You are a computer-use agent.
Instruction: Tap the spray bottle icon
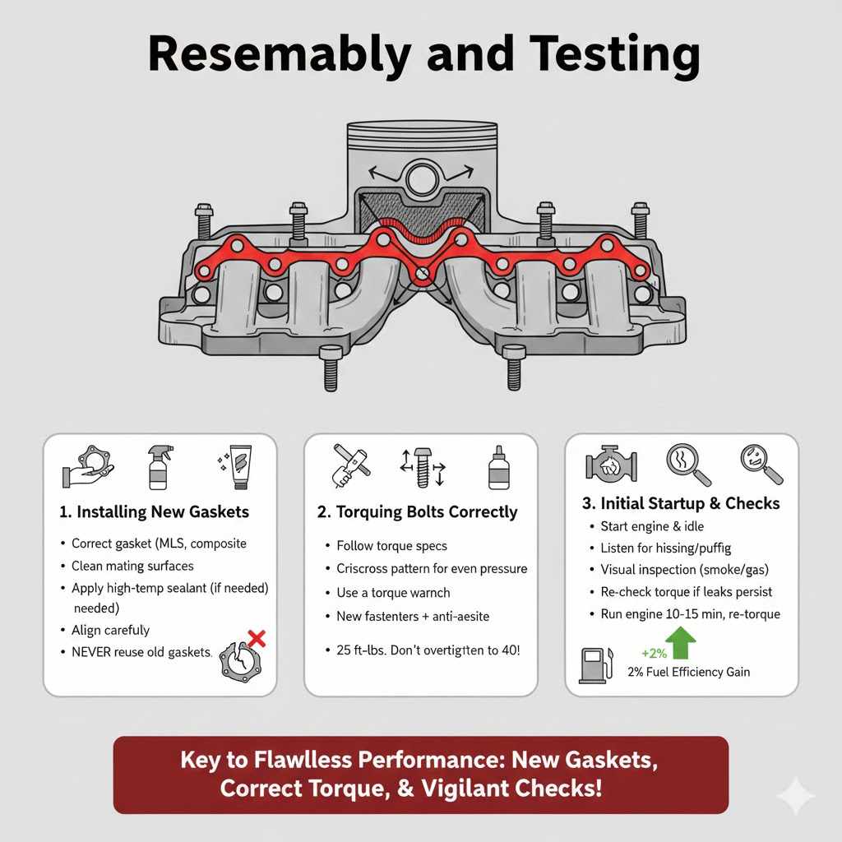click(x=160, y=466)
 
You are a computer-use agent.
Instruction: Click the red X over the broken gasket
click(x=257, y=637)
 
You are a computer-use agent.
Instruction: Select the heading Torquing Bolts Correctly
click(x=418, y=512)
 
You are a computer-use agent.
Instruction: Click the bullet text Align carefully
click(x=110, y=630)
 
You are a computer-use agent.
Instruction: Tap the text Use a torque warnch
click(x=393, y=592)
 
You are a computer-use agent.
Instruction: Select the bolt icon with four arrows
click(x=423, y=467)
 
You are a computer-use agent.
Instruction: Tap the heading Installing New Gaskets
click(x=154, y=512)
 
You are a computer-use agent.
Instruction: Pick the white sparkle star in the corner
click(x=795, y=796)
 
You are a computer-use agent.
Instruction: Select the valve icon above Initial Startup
click(x=612, y=465)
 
